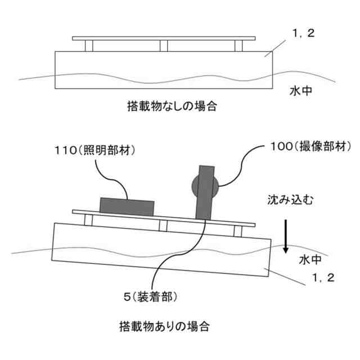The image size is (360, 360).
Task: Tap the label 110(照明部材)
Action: coord(97,151)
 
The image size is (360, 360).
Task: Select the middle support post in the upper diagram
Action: coord(164,46)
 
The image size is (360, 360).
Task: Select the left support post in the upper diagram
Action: coord(88,46)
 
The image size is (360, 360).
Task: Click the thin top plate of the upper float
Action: coord(164,38)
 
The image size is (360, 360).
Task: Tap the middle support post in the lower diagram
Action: coord(163,225)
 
